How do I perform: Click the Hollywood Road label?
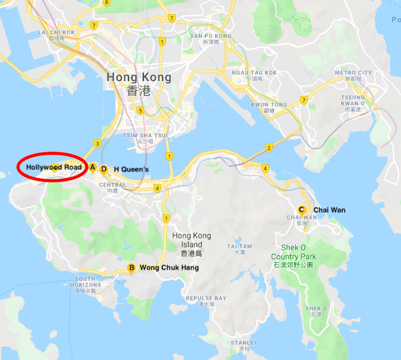(54, 168)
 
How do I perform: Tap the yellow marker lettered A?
(92, 168)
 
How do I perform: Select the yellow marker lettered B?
(131, 268)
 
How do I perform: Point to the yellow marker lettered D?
(104, 169)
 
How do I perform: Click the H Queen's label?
(131, 169)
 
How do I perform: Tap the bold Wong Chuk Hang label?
(169, 268)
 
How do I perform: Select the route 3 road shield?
(97, 143)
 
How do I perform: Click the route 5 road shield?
(140, 110)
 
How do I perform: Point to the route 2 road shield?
(269, 147)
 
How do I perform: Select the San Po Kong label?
(211, 36)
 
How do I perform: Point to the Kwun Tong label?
(269, 105)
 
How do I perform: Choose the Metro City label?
(353, 73)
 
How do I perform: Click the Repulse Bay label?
(206, 298)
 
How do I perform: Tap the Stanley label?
(244, 343)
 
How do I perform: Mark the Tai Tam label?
(240, 246)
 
